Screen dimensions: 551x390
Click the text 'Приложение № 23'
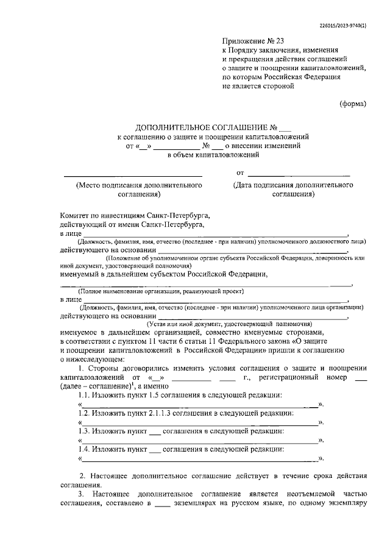250,41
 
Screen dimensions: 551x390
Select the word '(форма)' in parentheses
353,104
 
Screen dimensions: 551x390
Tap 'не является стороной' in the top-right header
258,87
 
